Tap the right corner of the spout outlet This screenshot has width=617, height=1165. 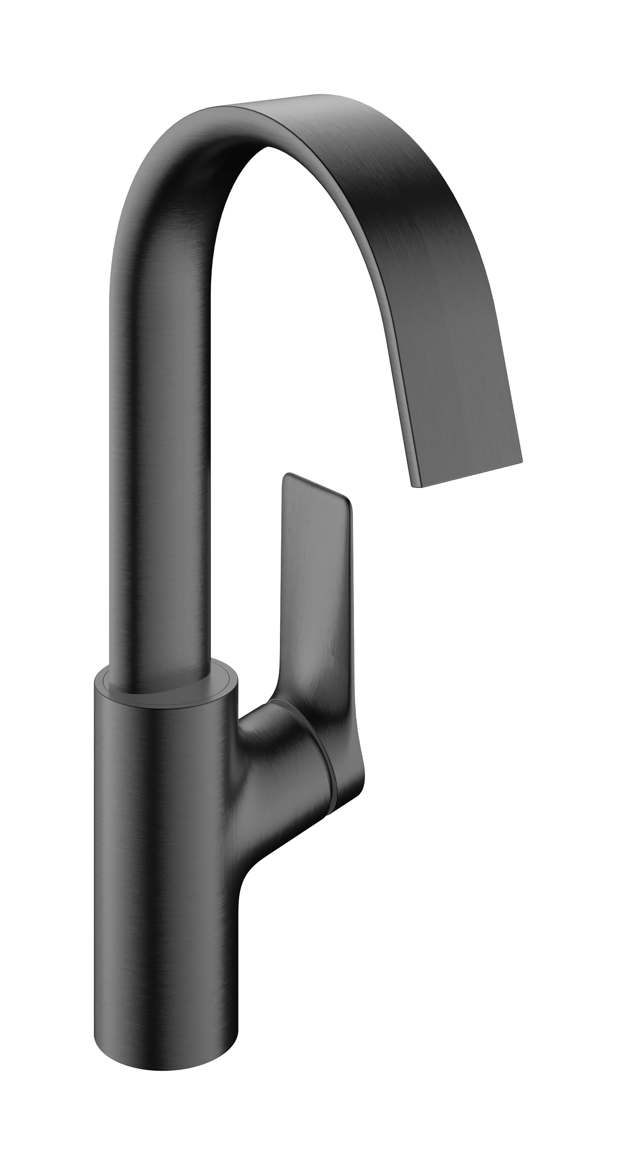521,449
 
